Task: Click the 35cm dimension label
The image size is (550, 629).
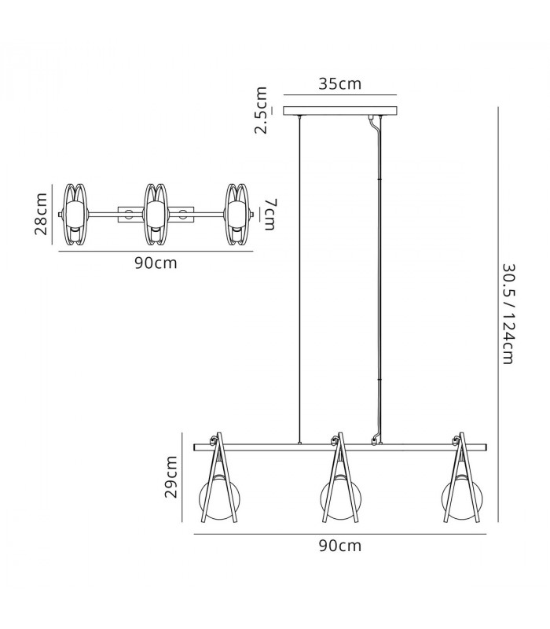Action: click(340, 83)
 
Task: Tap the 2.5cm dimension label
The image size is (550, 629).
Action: click(261, 110)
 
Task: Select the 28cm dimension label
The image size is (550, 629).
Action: click(41, 214)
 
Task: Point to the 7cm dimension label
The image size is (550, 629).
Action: click(269, 215)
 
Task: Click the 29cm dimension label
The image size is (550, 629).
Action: click(171, 476)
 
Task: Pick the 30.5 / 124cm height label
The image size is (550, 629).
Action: click(508, 314)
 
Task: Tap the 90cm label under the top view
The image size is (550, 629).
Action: click(156, 263)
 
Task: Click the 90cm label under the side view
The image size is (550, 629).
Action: click(340, 546)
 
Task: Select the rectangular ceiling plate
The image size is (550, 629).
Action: click(340, 111)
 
